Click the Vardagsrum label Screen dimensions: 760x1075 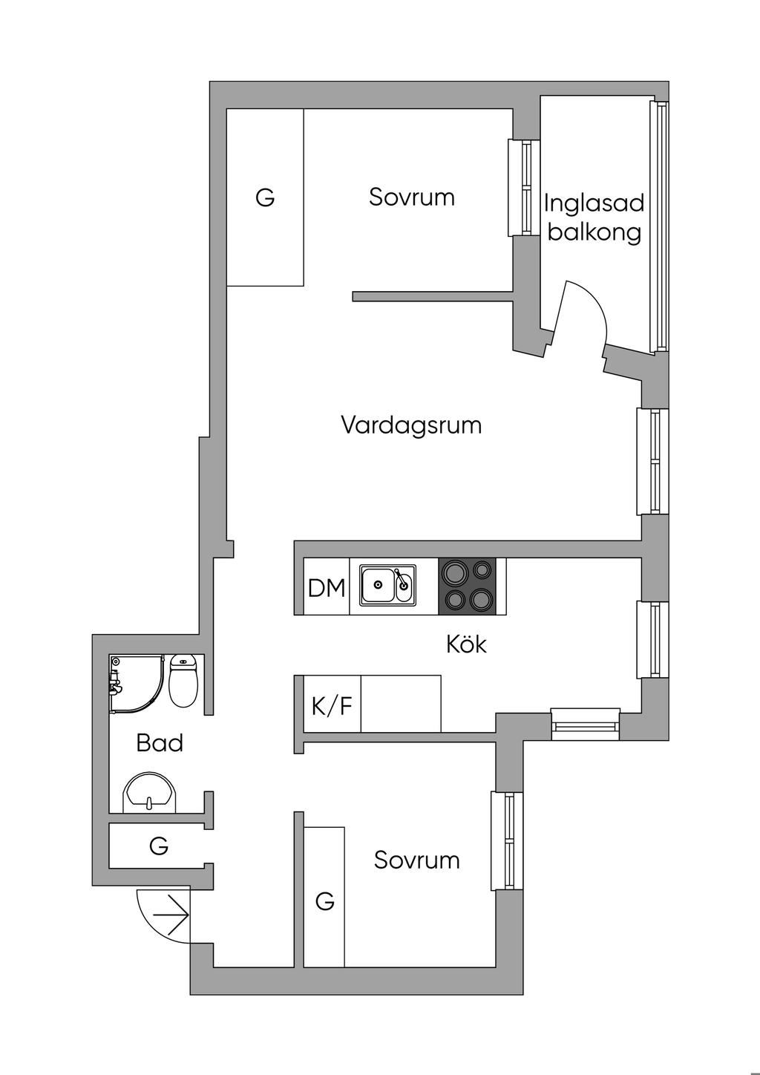411,425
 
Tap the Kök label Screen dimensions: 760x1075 466,644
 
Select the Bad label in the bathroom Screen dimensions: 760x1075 160,743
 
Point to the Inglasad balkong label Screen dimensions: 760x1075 594,218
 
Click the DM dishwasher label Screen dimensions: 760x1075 327,589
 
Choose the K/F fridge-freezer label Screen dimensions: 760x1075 332,705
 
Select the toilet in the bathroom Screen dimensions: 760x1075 183,679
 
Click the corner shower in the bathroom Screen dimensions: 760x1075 133,683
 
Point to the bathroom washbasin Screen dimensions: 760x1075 149,793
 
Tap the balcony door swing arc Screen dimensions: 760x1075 590,312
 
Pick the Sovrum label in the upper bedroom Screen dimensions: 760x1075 412,197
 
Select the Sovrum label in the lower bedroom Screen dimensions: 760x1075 416,860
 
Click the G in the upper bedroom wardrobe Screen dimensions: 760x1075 265,198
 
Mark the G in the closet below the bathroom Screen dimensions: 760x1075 159,846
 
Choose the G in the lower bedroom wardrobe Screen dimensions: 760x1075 324,901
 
